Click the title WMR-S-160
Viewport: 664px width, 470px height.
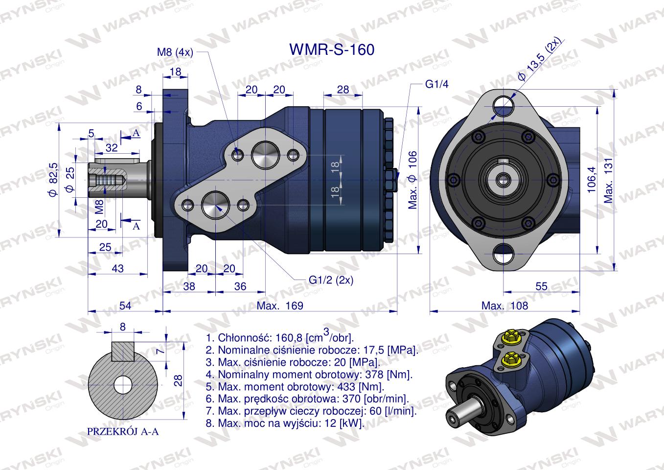click(x=332, y=49)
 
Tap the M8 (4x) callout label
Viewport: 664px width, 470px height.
click(x=175, y=52)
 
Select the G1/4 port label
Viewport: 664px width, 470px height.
click(x=436, y=84)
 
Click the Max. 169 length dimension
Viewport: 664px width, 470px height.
click(x=280, y=306)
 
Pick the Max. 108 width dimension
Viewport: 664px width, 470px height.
click(x=505, y=306)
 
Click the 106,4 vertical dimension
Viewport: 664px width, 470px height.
click(x=592, y=179)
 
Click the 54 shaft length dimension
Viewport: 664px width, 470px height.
click(x=125, y=306)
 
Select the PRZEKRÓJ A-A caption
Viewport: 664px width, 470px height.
click(x=123, y=432)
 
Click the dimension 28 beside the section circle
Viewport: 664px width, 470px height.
click(x=179, y=380)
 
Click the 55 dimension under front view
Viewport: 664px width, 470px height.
click(x=541, y=287)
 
